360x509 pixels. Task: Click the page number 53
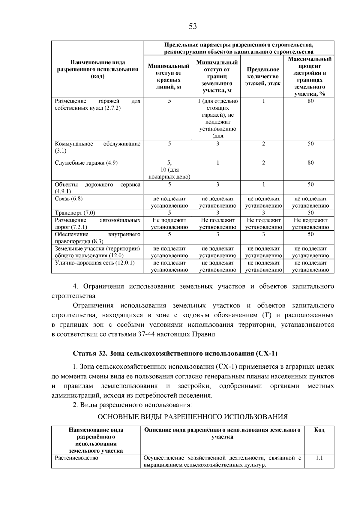tap(193, 27)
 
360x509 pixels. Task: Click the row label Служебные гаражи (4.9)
tap(86, 163)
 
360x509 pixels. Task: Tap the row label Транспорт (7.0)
tap(75, 213)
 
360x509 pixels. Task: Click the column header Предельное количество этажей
tap(263, 76)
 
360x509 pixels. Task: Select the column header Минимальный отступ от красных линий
tap(169, 76)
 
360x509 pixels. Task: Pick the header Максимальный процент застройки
tap(310, 76)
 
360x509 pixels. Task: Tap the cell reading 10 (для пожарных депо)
tap(169, 173)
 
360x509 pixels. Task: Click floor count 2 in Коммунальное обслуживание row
tap(263, 144)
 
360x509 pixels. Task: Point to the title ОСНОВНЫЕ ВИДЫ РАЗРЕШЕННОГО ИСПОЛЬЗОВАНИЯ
tap(193, 417)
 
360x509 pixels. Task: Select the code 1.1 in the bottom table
tap(319, 458)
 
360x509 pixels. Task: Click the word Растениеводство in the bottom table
tap(76, 458)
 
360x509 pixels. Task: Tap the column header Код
tap(319, 430)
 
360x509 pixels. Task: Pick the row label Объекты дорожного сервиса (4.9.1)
tap(97, 188)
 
